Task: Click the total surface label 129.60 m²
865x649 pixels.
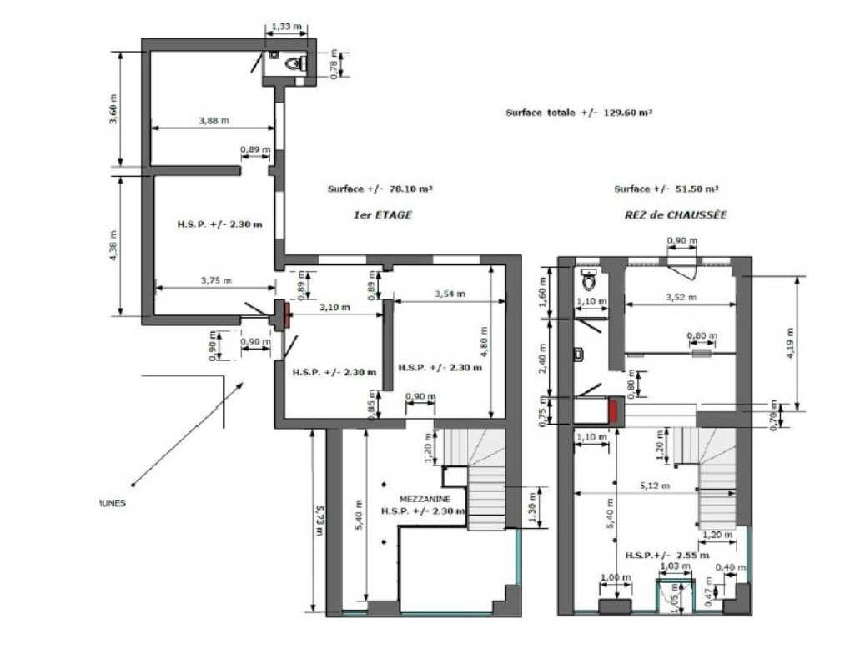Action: (x=578, y=112)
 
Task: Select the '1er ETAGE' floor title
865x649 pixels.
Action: (x=383, y=214)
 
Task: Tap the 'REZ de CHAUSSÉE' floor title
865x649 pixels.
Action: (x=675, y=214)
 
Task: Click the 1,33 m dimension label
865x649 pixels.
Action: (x=284, y=28)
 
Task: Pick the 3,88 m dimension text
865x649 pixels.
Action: (x=214, y=121)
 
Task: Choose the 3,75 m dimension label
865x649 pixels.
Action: (x=215, y=280)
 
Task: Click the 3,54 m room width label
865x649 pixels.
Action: (x=450, y=293)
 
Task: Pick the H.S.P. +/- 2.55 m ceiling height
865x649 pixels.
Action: (x=667, y=555)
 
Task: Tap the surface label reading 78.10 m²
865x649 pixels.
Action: (x=380, y=189)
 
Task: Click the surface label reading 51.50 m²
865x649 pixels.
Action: (x=666, y=189)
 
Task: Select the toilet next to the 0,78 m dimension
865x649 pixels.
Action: (x=293, y=63)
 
